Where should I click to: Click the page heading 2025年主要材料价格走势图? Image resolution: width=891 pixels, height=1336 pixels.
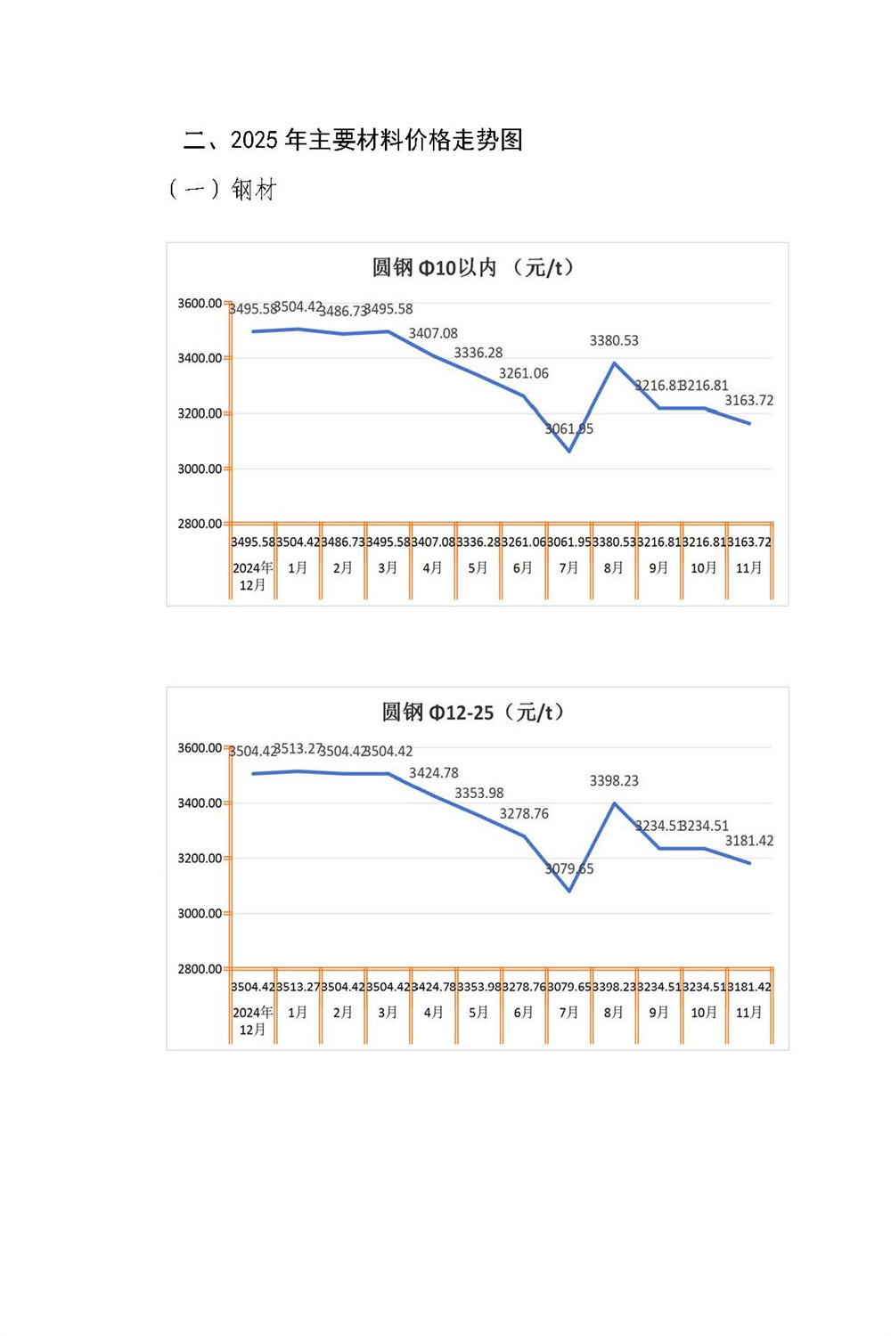353,140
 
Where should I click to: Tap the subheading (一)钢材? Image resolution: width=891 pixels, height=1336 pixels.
223,190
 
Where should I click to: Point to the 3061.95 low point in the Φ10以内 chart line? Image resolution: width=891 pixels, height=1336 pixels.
569,451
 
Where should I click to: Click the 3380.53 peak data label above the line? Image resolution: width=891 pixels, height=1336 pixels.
614,340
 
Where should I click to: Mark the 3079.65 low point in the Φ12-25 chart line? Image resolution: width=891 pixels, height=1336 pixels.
569,891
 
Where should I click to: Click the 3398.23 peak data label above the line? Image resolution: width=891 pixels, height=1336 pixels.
614,781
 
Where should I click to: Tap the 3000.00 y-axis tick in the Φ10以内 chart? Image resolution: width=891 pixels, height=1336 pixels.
200,468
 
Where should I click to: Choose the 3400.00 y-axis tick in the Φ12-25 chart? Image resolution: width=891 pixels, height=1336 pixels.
200,803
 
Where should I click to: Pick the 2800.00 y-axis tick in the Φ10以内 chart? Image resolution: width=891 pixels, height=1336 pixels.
200,524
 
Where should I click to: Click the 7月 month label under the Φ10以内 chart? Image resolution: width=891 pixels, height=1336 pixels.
568,568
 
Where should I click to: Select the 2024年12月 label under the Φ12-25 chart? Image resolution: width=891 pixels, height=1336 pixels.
253,1021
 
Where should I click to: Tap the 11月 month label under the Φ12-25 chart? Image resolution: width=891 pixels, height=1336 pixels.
749,1013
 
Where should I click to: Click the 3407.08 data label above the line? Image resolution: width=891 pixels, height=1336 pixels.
433,333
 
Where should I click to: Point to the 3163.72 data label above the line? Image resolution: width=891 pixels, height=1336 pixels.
748,401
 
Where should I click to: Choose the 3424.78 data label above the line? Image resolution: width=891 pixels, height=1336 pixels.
434,773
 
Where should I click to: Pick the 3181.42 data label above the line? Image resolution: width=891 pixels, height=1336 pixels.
748,841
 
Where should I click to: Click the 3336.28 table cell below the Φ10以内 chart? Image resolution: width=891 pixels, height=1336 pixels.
478,542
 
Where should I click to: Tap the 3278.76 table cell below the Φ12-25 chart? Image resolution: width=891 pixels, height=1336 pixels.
524,987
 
